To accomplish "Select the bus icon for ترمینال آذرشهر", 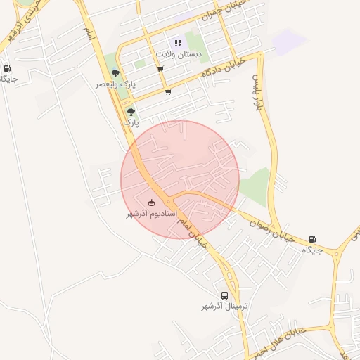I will (224, 296).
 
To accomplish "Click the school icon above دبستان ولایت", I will (178, 43).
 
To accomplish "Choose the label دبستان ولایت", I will (178, 53).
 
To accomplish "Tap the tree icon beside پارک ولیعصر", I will (115, 73).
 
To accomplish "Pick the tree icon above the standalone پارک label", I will (131, 111).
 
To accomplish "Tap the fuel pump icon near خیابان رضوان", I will (313, 240).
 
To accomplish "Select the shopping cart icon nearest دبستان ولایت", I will (160, 69).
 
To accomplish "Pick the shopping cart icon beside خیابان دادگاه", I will (167, 91).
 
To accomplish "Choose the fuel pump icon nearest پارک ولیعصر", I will (8, 69).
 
